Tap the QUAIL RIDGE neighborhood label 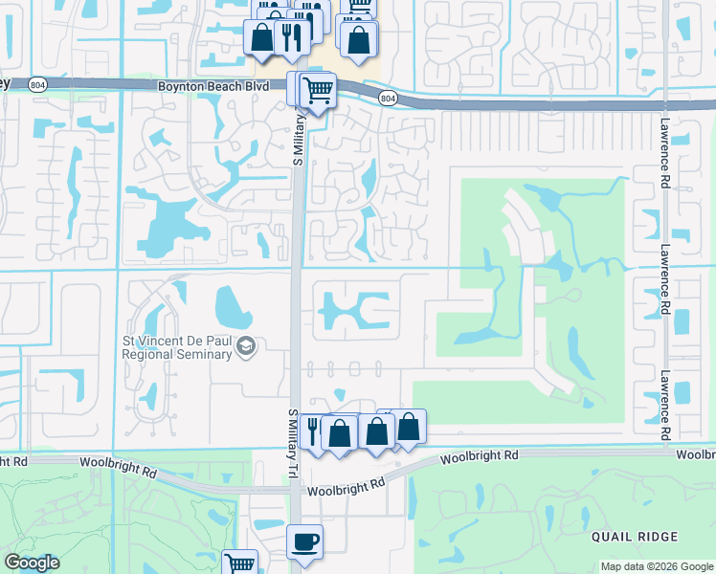[634, 537]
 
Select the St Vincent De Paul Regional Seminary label [177, 346]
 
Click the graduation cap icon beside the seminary [247, 345]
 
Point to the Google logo [32, 563]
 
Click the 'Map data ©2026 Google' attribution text [656, 566]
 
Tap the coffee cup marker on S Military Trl [305, 541]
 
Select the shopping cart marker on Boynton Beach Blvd [317, 91]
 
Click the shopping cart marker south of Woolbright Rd [240, 564]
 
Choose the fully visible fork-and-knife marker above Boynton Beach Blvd [289, 37]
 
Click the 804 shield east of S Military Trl [387, 99]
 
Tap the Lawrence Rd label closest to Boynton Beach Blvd [663, 152]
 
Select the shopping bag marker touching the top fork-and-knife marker [261, 39]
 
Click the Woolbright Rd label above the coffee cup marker [346, 488]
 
